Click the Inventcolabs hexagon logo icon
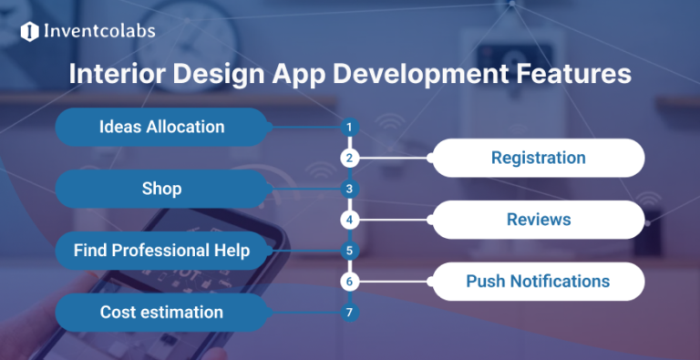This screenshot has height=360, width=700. point(29,32)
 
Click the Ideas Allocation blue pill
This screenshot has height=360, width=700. point(161,127)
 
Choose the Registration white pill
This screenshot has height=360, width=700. point(538,158)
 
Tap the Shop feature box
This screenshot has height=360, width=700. point(161,189)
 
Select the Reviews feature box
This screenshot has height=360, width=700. point(538,220)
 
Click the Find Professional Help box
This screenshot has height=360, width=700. point(161,250)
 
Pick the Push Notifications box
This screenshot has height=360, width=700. point(538,281)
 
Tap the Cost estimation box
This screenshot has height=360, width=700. point(161,312)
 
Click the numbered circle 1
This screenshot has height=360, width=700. point(348,127)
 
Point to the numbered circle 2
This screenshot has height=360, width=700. point(348,158)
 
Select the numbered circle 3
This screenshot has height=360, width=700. point(348,190)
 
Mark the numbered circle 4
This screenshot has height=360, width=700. point(348,220)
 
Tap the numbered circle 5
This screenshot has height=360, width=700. point(348,250)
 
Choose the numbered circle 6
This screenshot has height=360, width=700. point(348,282)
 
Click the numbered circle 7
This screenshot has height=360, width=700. point(348,313)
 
